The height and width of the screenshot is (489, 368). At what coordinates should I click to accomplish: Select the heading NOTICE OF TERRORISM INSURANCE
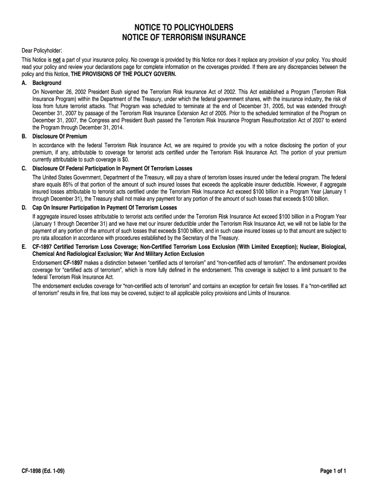pyautogui.click(x=184, y=37)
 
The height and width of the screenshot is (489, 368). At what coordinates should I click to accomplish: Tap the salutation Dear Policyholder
pyautogui.click(x=43, y=51)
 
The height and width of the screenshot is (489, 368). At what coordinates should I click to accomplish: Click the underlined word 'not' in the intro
pyautogui.click(x=56, y=60)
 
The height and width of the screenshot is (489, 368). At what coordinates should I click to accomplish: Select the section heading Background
pyautogui.click(x=47, y=83)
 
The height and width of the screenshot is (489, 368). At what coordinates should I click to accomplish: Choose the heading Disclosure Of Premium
pyautogui.click(x=60, y=136)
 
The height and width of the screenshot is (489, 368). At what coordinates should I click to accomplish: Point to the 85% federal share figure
pyautogui.click(x=62, y=183)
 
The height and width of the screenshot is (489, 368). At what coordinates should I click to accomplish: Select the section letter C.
pyautogui.click(x=24, y=168)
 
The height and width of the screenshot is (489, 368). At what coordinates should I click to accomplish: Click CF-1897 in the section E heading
pyautogui.click(x=43, y=246)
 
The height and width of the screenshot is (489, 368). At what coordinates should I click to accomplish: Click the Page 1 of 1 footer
pyautogui.click(x=333, y=471)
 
